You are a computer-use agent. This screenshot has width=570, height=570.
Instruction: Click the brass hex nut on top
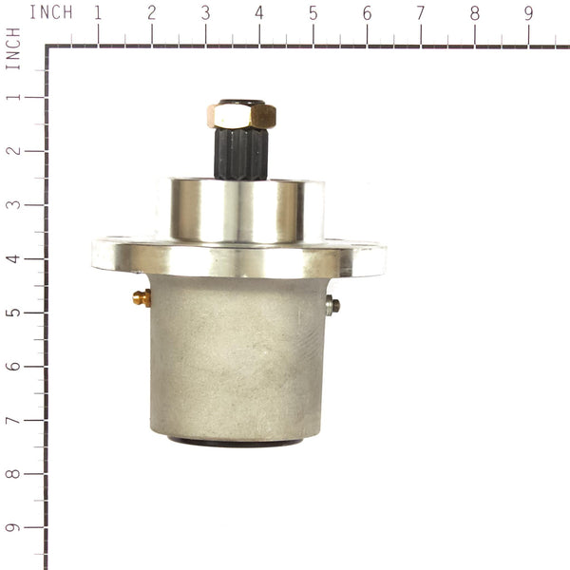(241, 116)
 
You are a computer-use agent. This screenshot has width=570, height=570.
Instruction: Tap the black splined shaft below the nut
(240, 154)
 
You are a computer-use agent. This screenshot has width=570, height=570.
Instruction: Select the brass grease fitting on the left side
(142, 298)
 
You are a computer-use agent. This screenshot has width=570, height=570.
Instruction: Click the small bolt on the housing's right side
(332, 305)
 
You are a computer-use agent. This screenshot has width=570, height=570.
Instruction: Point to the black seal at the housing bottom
(236, 441)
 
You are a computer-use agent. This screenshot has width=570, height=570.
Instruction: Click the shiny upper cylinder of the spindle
(237, 210)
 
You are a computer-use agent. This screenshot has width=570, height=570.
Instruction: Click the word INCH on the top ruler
(50, 12)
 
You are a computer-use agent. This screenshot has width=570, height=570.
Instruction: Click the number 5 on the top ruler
(313, 13)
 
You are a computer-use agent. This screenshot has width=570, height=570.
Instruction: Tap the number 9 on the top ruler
(529, 13)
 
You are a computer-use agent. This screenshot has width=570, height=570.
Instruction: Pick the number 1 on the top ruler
(98, 13)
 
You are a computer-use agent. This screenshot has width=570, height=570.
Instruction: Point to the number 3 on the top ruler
(206, 13)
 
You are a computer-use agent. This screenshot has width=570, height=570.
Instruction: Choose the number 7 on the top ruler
(421, 13)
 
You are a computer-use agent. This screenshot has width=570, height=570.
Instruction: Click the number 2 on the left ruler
(12, 150)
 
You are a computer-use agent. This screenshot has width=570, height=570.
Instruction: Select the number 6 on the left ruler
(12, 366)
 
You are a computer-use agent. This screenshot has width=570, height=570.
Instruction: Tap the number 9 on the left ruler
(12, 527)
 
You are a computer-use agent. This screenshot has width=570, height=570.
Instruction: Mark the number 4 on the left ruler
(12, 257)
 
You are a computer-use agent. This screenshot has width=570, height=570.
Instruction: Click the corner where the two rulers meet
(46, 46)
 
